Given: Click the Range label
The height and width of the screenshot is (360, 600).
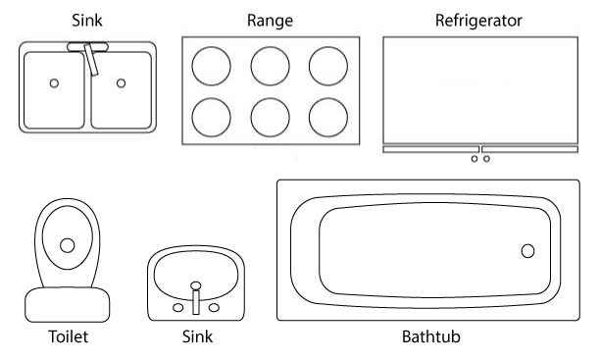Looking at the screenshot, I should coord(270,20).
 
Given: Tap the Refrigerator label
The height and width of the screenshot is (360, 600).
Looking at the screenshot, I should coord(478,20).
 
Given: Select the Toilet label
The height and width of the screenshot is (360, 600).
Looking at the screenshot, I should coord(69,338).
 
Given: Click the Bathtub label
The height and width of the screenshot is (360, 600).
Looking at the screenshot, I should coord(431,338).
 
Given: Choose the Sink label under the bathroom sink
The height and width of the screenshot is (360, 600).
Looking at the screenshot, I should coord(197,338).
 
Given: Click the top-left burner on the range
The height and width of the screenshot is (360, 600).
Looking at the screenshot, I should coord(211,66).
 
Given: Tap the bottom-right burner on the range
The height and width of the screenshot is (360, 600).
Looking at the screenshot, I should coord(328,118).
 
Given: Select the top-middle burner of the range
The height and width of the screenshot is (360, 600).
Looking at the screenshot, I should coord(270,66).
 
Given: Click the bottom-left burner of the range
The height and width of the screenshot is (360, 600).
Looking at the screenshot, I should coord(211,118).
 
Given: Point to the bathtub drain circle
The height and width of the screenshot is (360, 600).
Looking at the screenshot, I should coord(527,251).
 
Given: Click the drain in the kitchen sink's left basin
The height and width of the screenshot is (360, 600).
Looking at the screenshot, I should coord(54,83).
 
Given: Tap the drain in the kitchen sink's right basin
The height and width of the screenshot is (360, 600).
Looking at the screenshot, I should coord(121,83).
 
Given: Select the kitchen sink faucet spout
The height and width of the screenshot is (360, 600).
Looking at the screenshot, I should coord(92,61).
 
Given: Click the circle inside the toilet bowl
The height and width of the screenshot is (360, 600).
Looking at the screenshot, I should coord(68,245).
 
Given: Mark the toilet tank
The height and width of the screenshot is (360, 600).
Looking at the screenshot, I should coord(68,304).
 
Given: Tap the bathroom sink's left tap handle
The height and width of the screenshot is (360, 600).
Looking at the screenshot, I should coord(177,307).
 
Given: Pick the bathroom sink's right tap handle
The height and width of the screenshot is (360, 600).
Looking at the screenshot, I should coord(215,307).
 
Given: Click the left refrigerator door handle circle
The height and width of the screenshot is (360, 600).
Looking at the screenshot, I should coord(475,159).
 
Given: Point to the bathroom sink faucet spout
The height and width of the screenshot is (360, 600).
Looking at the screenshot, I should coord(196,299).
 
